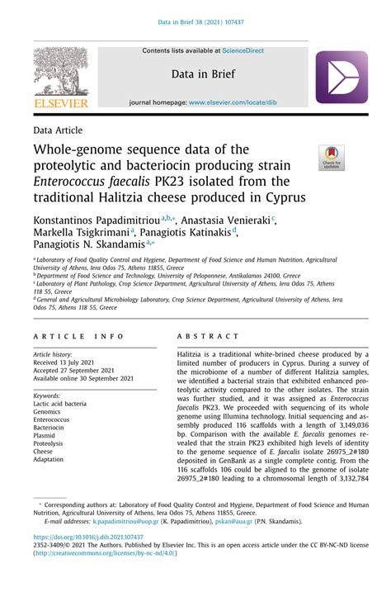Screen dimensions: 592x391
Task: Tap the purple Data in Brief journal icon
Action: [341, 77]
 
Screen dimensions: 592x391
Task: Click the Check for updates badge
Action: [332, 158]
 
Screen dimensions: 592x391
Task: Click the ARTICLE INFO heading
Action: [78, 338]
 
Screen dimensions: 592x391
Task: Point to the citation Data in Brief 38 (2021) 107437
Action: [195, 22]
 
